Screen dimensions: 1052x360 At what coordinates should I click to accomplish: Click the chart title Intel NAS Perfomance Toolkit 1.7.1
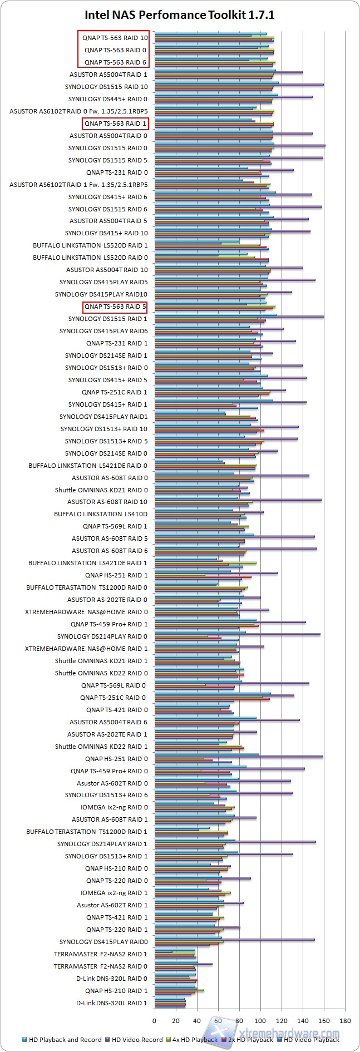click(x=180, y=15)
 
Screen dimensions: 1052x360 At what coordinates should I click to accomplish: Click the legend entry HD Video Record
click(x=134, y=1039)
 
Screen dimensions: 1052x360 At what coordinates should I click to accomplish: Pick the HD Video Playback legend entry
click(x=311, y=1039)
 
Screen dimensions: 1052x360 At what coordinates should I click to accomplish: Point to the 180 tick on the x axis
click(x=345, y=1021)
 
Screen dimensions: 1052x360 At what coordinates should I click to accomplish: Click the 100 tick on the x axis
click(x=260, y=1021)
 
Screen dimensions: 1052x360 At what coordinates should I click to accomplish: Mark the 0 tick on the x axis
click(x=155, y=1021)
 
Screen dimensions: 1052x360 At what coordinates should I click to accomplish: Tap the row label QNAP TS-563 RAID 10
click(x=115, y=38)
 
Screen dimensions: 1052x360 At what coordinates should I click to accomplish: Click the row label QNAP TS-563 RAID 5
click(x=115, y=307)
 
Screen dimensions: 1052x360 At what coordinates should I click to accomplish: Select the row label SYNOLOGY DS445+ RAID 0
click(x=108, y=99)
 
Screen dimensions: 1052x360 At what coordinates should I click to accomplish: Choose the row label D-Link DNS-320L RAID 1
click(x=112, y=1003)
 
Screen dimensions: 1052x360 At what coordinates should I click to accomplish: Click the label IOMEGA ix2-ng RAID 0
click(x=114, y=807)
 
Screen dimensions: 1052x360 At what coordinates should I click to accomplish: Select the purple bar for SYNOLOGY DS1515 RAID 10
click(x=239, y=85)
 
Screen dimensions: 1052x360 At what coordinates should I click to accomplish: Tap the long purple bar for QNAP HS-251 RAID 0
click(x=239, y=757)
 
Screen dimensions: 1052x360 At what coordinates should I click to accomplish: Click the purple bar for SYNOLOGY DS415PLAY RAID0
click(x=234, y=940)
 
